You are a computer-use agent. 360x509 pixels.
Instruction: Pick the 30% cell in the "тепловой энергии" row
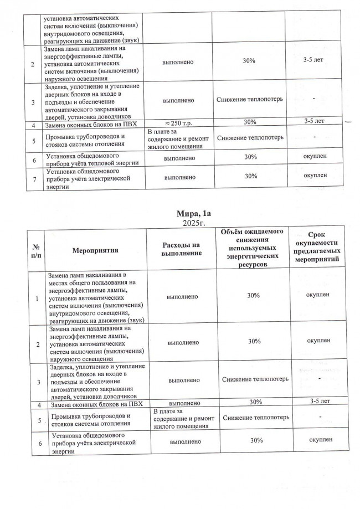coord(249,157)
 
